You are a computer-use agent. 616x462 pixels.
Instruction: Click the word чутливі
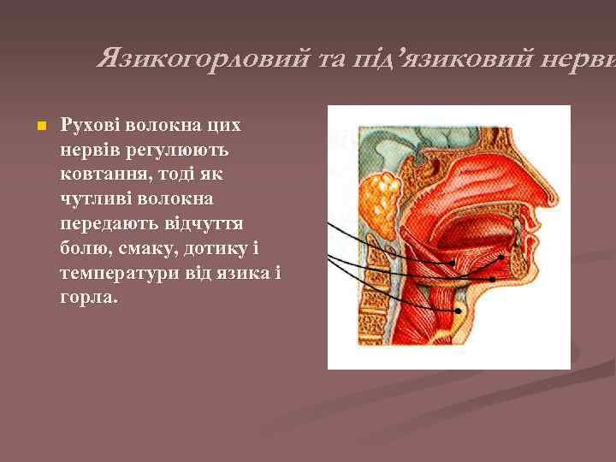tap(95, 199)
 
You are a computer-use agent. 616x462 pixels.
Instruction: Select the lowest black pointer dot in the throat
tap(459, 310)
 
